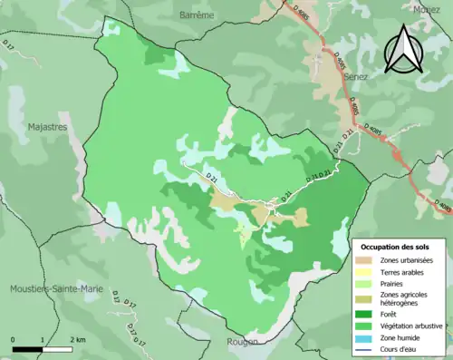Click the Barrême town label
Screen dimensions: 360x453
(197, 15)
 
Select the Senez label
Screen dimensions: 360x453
(359, 79)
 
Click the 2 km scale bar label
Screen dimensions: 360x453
(80, 339)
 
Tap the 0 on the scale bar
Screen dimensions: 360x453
(14, 339)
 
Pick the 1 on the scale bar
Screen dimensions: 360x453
(43, 339)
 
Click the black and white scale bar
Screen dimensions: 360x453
(43, 348)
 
